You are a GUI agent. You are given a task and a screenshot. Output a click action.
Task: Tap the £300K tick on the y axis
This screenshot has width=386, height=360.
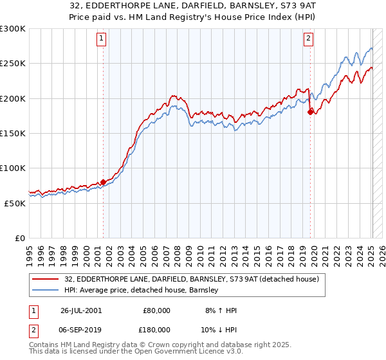pyautogui.click(x=13, y=29)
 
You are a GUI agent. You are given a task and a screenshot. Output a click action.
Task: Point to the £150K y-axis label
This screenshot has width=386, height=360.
pyautogui.click(x=13, y=134)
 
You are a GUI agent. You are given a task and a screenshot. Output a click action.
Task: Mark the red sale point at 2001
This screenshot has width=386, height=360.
pyautogui.click(x=104, y=182)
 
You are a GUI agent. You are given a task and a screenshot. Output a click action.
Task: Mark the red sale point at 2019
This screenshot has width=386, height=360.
pyautogui.click(x=310, y=112)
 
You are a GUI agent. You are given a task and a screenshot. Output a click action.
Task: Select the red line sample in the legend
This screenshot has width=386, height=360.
pyautogui.click(x=46, y=279)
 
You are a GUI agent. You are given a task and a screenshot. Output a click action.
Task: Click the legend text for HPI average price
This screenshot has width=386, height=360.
pyautogui.click(x=142, y=291)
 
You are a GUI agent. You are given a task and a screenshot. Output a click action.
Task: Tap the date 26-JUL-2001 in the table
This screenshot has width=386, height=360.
pyautogui.click(x=80, y=310)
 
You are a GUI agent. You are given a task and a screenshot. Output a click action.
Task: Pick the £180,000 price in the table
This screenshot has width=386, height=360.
pyautogui.click(x=156, y=328)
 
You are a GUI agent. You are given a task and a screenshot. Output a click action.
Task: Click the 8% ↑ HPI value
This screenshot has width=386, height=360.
pyautogui.click(x=221, y=310)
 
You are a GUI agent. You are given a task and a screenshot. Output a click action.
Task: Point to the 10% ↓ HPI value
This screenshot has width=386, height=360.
pyautogui.click(x=221, y=328)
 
